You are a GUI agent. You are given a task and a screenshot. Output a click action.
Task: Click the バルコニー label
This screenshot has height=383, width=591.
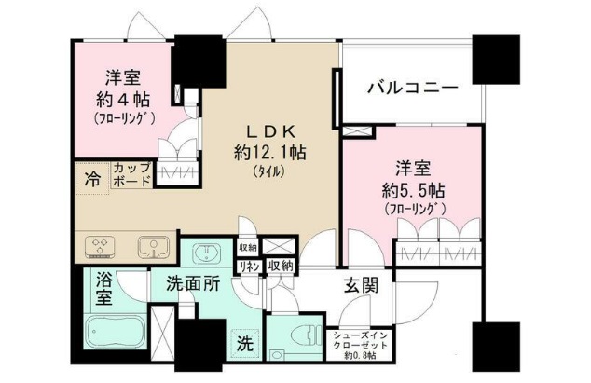(x=411, y=89)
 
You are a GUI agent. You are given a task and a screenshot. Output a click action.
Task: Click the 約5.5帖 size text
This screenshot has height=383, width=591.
(x=413, y=189)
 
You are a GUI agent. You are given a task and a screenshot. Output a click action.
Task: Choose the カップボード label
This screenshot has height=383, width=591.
(x=131, y=174)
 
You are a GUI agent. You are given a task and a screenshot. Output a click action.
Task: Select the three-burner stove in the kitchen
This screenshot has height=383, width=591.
(x=100, y=247)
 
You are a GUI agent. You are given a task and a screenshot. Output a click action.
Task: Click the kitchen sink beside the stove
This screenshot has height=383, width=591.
(x=152, y=247)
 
